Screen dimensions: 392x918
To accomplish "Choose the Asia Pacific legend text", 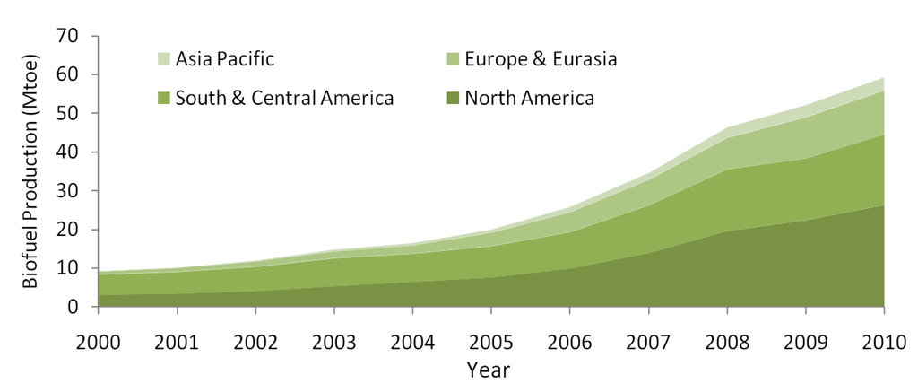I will (x=225, y=60).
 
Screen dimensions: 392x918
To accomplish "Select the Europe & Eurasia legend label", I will (x=541, y=60).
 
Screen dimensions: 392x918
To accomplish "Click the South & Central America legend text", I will (x=285, y=98).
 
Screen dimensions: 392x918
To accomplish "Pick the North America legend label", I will (x=529, y=98).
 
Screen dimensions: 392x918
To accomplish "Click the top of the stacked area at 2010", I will (x=884, y=78).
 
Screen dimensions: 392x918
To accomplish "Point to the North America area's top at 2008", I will (x=727, y=231).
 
